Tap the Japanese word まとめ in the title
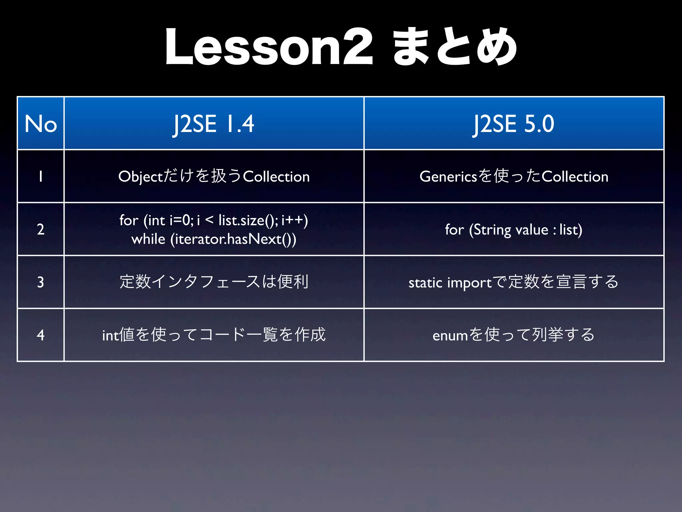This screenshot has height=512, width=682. (455, 47)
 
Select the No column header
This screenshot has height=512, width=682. (41, 124)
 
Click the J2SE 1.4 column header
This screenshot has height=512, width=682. (214, 124)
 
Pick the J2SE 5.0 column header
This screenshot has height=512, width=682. (514, 124)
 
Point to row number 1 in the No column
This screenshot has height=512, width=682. (41, 176)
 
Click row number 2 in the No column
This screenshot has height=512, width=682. (41, 229)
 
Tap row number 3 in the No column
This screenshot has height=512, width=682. (41, 282)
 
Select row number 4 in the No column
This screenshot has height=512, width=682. (41, 335)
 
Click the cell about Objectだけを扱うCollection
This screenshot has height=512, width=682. (214, 176)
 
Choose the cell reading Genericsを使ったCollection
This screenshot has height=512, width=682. (514, 176)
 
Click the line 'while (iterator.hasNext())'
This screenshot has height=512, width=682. (214, 239)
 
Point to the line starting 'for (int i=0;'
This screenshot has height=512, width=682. (214, 220)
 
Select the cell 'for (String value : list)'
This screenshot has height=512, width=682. (514, 230)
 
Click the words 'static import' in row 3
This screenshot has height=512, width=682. (450, 283)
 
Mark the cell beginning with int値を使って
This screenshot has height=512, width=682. (214, 335)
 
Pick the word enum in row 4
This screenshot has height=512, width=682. (450, 336)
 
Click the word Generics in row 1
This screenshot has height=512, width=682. (448, 176)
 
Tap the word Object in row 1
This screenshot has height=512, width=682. (140, 177)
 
